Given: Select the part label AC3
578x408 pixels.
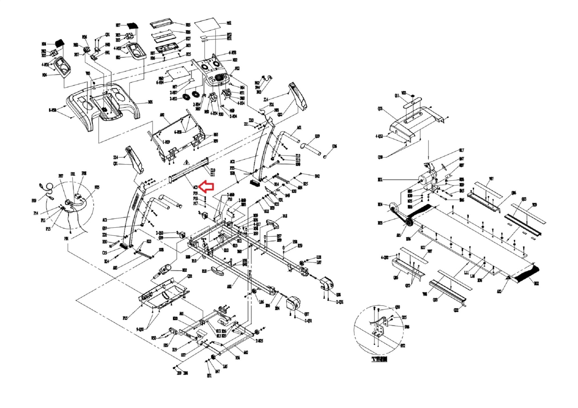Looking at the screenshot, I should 195,187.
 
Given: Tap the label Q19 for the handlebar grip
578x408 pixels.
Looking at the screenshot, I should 317,136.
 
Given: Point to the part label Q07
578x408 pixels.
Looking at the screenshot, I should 306,314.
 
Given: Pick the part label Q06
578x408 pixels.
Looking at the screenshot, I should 514,193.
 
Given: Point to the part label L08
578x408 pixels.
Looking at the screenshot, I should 319,257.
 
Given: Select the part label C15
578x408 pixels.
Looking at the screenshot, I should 104,253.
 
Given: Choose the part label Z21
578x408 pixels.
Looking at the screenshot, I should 104,235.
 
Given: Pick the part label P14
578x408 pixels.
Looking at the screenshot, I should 36,213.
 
